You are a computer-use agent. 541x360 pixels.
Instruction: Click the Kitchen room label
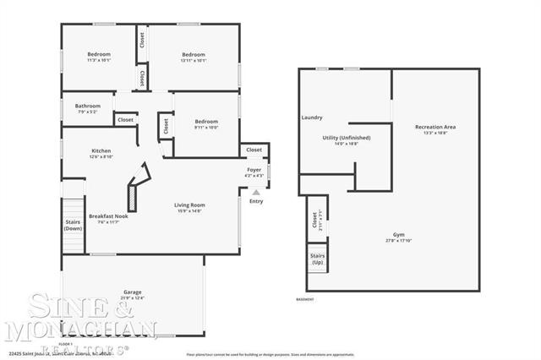(x=101, y=151)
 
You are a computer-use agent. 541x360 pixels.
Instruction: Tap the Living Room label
(x=189, y=205)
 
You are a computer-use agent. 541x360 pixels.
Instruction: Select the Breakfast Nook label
(x=107, y=215)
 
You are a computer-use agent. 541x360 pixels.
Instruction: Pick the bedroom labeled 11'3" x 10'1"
(x=99, y=55)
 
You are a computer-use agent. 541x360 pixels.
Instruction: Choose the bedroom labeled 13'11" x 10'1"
(x=194, y=55)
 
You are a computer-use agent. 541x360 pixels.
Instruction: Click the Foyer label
(x=254, y=170)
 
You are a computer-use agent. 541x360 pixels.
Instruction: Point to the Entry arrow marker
(x=256, y=193)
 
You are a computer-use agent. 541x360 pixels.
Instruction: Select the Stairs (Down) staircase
(x=74, y=225)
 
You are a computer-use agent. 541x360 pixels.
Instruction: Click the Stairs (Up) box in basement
(x=318, y=259)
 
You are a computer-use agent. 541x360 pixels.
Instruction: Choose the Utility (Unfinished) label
(x=347, y=138)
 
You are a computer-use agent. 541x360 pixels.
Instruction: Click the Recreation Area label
(x=435, y=127)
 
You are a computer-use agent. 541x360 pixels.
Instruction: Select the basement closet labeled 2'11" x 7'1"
(x=314, y=221)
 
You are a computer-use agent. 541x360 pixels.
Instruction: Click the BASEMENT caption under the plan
(x=305, y=299)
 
